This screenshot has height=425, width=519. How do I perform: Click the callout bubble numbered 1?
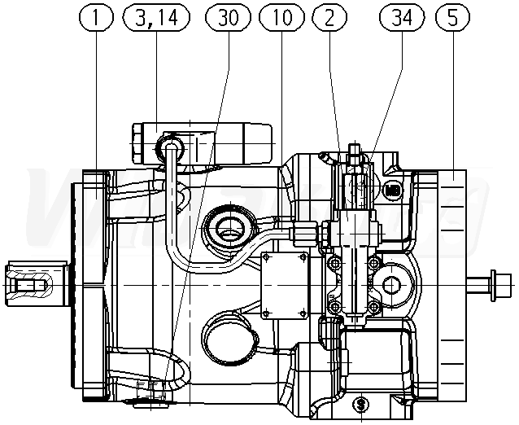pyautogui.click(x=96, y=17)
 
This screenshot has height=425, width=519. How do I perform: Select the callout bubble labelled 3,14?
pyautogui.click(x=155, y=17)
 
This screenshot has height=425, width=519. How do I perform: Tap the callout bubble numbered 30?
pyautogui.click(x=228, y=17)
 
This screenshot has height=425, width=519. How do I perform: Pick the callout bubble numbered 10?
pyautogui.click(x=280, y=17)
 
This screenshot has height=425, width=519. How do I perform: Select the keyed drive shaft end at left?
pyautogui.click(x=29, y=284)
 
